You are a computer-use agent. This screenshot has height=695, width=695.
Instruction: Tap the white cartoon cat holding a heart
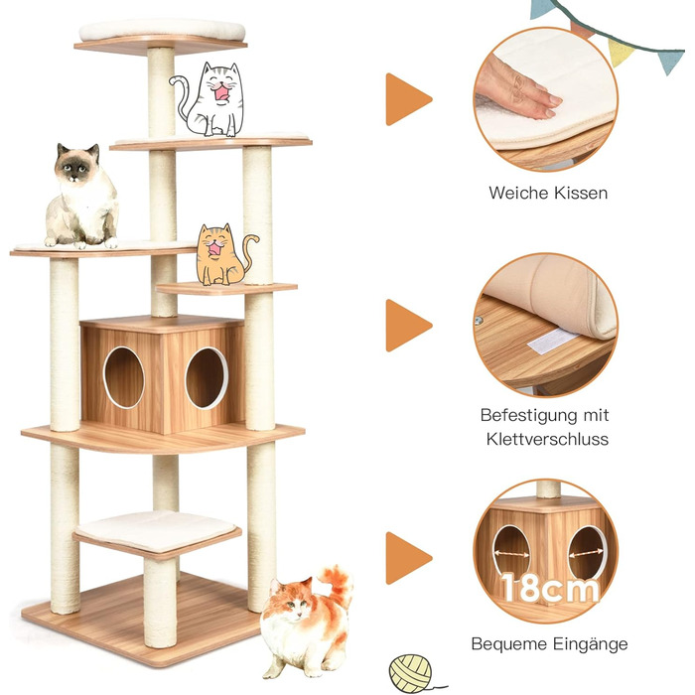click(211, 98)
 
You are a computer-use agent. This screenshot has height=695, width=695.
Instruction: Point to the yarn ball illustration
click(410, 672)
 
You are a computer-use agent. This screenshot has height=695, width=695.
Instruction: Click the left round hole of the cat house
click(124, 377)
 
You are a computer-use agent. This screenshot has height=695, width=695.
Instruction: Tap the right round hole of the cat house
click(207, 377)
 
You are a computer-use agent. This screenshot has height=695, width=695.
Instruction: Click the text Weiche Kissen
click(548, 193)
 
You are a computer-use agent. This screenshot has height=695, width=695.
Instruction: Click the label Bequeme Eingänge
click(549, 644)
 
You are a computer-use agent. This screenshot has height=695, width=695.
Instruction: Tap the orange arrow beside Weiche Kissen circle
click(408, 99)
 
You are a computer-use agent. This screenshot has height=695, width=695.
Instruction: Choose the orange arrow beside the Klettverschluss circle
click(408, 325)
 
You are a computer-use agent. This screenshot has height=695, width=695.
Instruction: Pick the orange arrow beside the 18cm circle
click(408, 557)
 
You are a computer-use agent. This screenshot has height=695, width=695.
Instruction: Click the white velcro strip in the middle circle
click(552, 340)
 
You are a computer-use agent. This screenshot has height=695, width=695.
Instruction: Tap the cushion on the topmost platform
click(162, 30)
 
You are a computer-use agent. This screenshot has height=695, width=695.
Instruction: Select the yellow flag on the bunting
click(622, 51)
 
